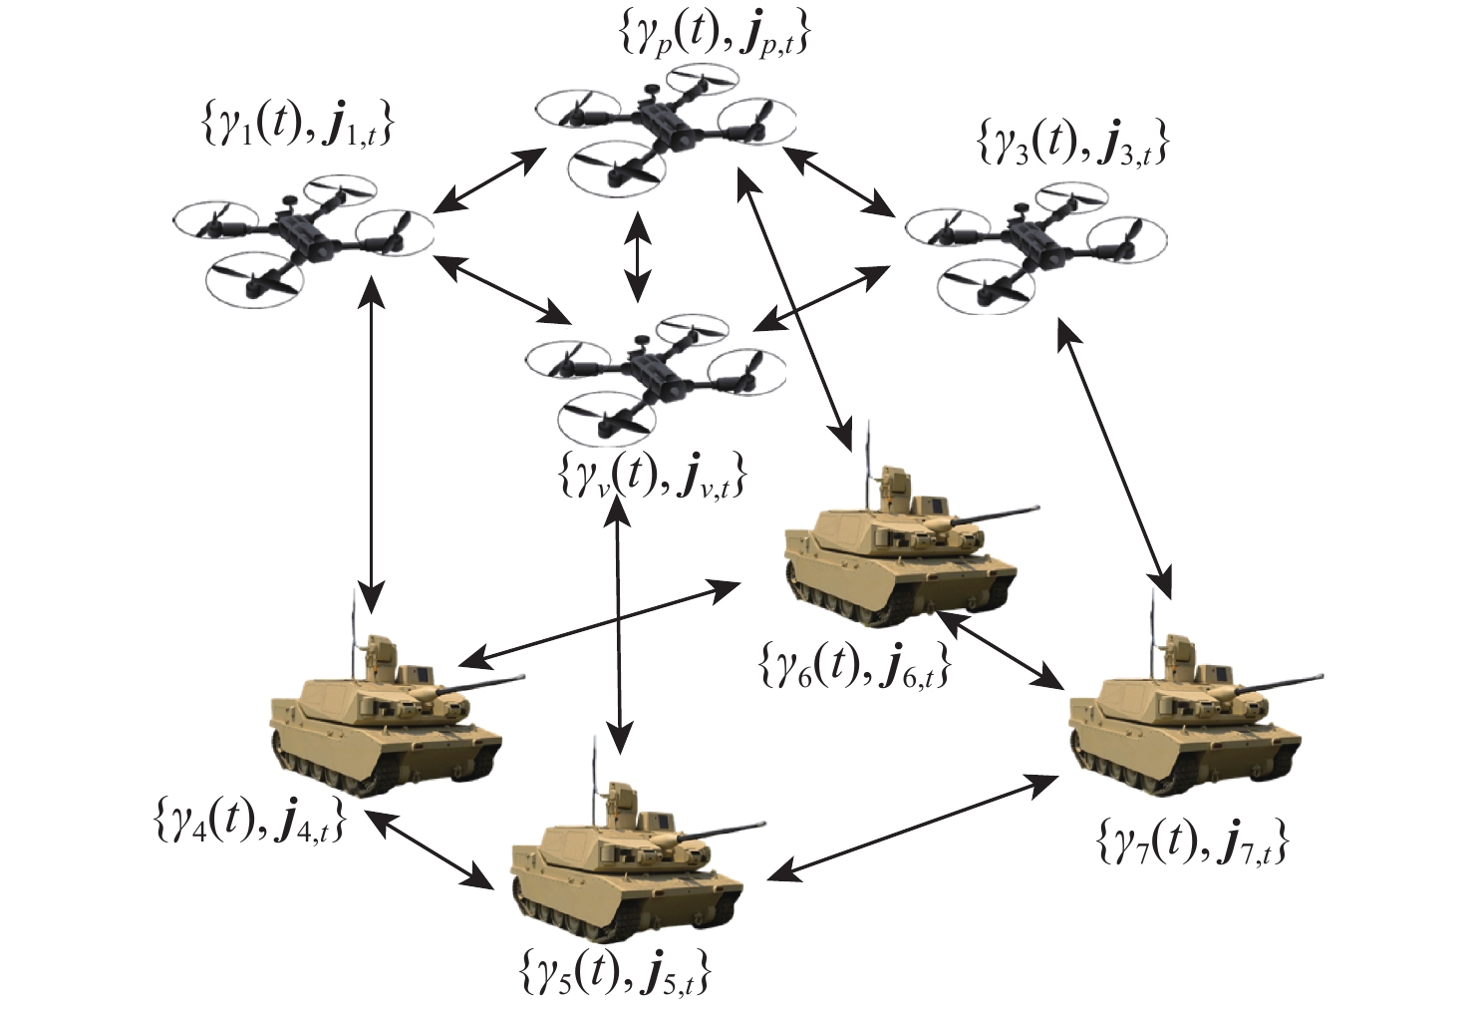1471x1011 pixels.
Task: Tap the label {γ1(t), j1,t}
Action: pos(297,127)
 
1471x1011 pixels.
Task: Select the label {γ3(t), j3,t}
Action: pos(1072,145)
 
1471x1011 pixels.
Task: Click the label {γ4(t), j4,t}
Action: pos(250,820)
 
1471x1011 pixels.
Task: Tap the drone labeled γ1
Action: pos(303,237)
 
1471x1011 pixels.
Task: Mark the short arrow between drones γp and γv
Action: pos(637,257)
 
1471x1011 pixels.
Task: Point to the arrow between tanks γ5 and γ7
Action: pos(914,828)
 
